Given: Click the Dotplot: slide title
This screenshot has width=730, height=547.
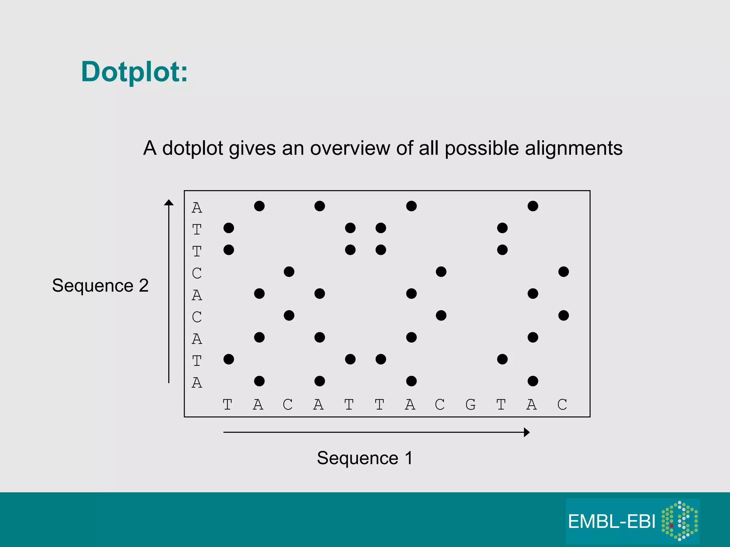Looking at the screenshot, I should point(134,72).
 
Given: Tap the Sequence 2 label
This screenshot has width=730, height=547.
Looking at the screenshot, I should point(100,286).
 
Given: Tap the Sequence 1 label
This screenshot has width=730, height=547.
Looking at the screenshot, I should point(365,458).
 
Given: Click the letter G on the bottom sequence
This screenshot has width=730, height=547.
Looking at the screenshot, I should point(471,405).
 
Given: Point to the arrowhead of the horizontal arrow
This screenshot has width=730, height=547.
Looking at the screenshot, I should point(526,432).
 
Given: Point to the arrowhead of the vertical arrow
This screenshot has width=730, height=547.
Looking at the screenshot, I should point(169,203).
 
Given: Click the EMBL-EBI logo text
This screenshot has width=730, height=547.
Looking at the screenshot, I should point(611,522).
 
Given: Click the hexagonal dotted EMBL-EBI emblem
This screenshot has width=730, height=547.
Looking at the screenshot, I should point(680,521).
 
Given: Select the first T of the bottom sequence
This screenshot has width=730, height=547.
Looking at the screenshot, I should point(227,405).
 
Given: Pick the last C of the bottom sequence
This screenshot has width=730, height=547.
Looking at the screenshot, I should point(562,405).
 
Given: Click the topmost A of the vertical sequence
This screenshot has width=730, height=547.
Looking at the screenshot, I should point(197,208).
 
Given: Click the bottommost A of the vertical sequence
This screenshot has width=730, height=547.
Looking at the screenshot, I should point(197,383).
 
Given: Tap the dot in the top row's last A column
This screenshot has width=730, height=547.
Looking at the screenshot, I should point(533,206).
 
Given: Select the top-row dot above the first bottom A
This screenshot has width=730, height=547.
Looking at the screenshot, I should point(259,206).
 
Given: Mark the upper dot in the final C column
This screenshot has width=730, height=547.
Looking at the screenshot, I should point(563,272).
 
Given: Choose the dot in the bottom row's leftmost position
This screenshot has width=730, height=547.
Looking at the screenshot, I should point(259,381).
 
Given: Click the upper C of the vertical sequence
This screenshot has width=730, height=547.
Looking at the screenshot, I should point(197,273).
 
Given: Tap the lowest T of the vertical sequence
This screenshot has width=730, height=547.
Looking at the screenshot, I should point(197,361).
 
